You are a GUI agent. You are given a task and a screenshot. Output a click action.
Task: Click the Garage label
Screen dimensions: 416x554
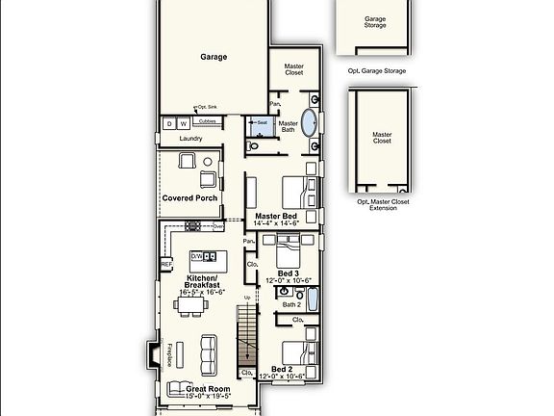pos(214,57)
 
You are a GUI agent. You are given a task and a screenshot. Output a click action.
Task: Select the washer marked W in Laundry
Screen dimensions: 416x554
pos(182,124)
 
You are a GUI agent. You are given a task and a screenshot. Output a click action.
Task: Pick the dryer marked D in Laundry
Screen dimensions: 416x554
pos(168,124)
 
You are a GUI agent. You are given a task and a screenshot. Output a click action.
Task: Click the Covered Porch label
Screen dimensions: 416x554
pos(189,198)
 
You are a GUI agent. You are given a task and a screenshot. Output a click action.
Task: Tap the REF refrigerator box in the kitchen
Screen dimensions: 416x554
pos(166,264)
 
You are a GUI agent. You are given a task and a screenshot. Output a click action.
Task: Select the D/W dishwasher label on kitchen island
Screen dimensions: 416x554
pos(197,256)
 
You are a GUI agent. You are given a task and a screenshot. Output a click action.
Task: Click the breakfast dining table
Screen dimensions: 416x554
pos(189,305)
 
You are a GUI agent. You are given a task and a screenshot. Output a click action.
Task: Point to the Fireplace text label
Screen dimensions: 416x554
pos(169,355)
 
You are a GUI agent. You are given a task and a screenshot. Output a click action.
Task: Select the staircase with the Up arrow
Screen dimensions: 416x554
pos(248,342)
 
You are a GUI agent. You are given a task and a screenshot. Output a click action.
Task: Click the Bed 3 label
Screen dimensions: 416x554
pos(289,273)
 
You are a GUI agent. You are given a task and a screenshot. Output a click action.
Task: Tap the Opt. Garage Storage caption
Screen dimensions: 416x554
pos(375,70)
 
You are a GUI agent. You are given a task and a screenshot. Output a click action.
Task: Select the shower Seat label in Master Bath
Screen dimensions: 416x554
pos(262,122)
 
